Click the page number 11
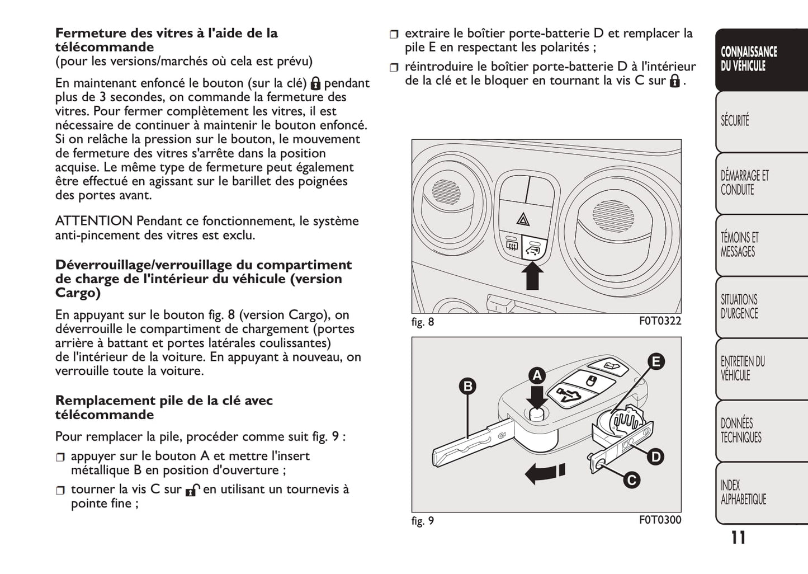[738, 538]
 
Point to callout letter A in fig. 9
[537, 375]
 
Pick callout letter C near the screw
[631, 480]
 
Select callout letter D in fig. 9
[655, 457]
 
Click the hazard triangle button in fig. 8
[525, 219]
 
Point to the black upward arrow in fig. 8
[533, 275]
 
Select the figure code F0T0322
[660, 321]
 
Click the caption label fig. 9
[423, 521]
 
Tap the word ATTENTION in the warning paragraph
[94, 221]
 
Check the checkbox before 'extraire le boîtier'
[395, 35]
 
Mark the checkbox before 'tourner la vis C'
[60, 491]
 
